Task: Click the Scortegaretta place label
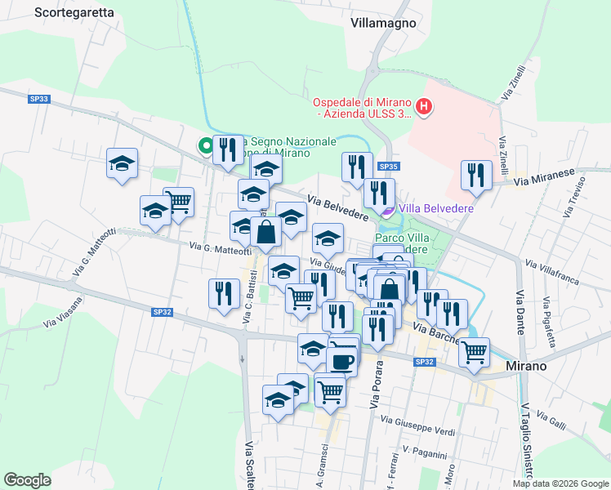coord(74,13)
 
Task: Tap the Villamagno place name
coord(383,23)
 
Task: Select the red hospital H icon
coord(424,105)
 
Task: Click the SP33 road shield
coord(39,99)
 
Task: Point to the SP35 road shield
coord(388,167)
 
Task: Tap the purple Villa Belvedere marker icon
coord(388,210)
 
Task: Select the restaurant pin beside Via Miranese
coord(474,175)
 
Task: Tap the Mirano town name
coord(525,366)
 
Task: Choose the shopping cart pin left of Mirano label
coord(474,352)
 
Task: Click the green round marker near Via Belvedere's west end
coord(205,146)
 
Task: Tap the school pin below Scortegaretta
coord(122,163)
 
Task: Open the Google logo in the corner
coord(27,479)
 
